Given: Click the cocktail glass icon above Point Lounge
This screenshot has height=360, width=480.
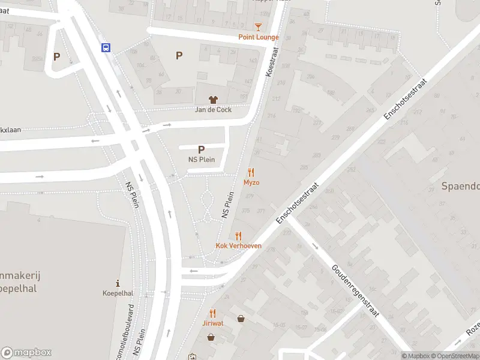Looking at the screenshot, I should click(x=258, y=27).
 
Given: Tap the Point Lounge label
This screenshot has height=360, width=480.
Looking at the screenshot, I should click(x=259, y=37).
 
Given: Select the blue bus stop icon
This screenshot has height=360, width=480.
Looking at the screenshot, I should click(x=106, y=48).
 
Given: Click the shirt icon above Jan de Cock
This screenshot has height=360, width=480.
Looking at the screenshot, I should click(x=212, y=100).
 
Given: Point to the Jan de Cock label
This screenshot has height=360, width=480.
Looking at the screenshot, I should click(x=213, y=110).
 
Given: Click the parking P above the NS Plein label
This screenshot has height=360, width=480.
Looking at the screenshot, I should click(x=201, y=150).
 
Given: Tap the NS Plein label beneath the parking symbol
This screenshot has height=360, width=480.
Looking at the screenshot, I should click(x=201, y=160).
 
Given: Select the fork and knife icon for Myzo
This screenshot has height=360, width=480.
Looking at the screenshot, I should click(x=251, y=172).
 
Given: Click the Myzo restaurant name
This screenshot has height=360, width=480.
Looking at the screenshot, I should click(x=251, y=182).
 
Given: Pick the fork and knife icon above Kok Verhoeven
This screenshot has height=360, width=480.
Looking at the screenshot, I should click(x=238, y=236).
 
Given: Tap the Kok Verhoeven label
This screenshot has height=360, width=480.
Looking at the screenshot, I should click(x=238, y=246).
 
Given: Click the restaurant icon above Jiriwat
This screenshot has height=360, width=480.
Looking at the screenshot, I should click(x=212, y=313).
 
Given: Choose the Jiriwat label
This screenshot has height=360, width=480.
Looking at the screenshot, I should click(x=212, y=323).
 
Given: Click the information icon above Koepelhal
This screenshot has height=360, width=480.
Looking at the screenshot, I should click(x=118, y=283).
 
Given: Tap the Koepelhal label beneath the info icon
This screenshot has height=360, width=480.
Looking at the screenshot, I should click(x=118, y=293).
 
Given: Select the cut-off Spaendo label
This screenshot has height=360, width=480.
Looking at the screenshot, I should click(x=461, y=186).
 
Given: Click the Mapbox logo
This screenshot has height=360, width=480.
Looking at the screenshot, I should click(x=26, y=353).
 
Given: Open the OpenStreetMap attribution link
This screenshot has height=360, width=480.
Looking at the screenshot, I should click(x=454, y=356).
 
